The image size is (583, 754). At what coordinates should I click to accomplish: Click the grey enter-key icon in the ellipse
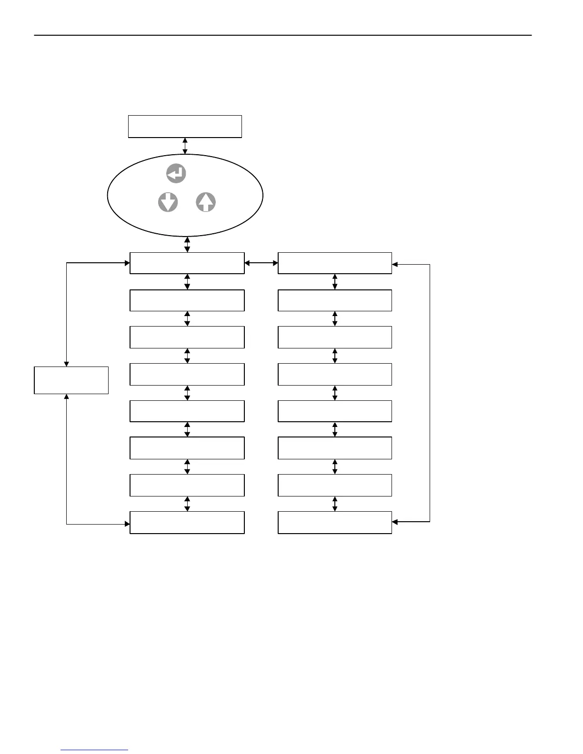[176, 174]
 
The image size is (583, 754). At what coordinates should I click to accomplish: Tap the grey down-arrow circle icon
[168, 202]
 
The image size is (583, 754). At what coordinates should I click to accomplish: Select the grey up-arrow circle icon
[206, 202]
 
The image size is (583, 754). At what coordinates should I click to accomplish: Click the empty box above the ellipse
[185, 126]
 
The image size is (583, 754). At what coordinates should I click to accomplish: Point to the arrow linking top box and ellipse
[185, 146]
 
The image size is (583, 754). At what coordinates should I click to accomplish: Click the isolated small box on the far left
[71, 380]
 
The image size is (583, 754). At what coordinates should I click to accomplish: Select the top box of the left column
[187, 263]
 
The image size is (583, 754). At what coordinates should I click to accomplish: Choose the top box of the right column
[334, 263]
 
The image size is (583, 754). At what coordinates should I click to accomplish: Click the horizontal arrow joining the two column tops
[261, 263]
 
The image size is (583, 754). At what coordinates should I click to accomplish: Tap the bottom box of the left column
[187, 522]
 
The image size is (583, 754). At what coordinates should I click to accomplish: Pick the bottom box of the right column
[334, 522]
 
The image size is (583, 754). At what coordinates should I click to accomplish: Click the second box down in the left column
[187, 300]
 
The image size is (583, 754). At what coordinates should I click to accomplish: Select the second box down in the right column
[334, 300]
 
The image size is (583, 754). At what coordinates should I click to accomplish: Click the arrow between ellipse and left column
[187, 244]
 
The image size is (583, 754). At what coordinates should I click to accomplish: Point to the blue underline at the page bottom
[94, 750]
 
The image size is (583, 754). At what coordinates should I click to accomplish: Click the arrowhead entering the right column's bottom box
[395, 522]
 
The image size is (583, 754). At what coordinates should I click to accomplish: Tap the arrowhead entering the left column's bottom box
[127, 524]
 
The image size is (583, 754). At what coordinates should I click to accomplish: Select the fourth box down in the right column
[334, 374]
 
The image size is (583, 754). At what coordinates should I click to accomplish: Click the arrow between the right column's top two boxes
[334, 281]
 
